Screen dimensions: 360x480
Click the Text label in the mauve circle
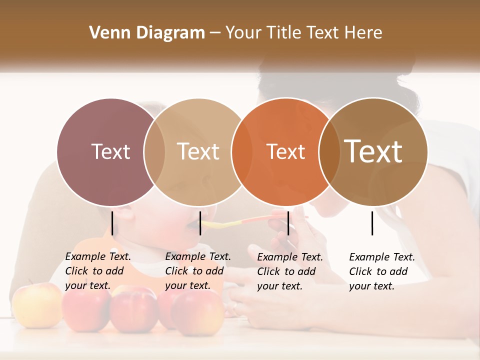[110, 151]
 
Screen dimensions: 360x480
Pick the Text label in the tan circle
[198, 151]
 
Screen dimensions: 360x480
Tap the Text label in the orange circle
[285, 151]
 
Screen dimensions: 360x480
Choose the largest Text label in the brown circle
[373, 151]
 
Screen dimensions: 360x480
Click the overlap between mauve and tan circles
[154, 152]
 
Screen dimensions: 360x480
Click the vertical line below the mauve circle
[112, 223]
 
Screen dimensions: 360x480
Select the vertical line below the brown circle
[372, 223]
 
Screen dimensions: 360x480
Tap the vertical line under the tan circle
[200, 223]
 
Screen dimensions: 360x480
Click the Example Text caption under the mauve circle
[98, 271]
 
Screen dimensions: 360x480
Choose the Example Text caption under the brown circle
[382, 271]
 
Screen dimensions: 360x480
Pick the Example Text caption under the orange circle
[290, 271]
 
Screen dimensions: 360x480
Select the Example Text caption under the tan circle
[198, 271]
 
